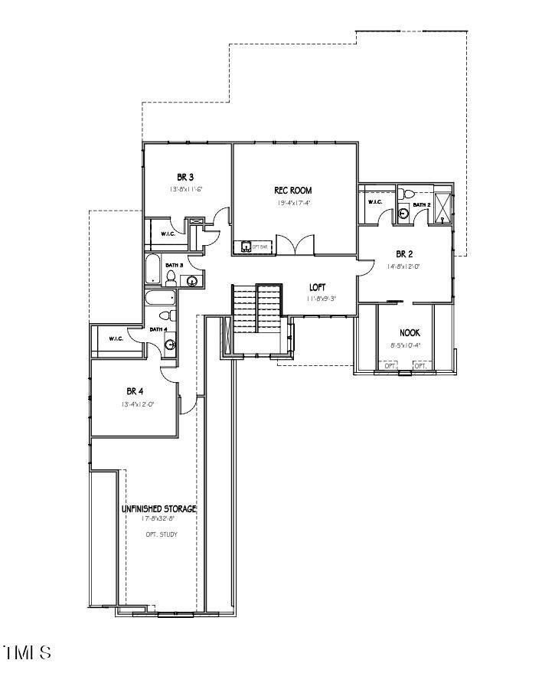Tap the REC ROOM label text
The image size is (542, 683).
click(293, 191)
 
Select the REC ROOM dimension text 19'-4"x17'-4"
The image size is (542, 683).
click(293, 204)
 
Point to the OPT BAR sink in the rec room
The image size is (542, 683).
click(246, 247)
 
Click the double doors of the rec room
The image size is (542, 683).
click(293, 245)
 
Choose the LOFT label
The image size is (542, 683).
click(318, 287)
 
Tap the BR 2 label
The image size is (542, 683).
click(405, 253)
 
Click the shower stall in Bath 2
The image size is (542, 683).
click(443, 207)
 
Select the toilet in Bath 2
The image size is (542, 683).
click(406, 194)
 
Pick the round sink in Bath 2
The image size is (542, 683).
click(403, 215)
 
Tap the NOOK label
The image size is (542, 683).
click(410, 333)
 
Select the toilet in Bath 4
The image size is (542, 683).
click(165, 315)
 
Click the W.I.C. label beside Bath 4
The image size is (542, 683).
click(116, 338)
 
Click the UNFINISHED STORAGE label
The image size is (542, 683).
click(158, 508)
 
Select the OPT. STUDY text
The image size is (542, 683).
click(161, 534)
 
